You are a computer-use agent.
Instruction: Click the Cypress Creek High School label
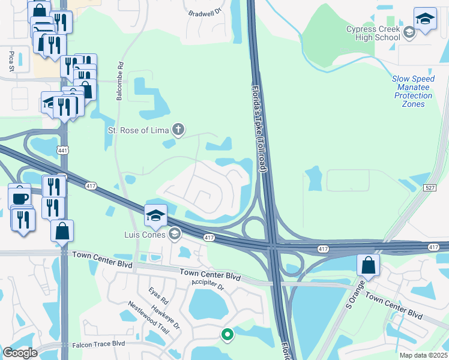(x=373, y=33)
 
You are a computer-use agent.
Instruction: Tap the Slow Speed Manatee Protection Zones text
(x=412, y=91)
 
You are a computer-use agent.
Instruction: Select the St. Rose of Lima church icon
(x=178, y=128)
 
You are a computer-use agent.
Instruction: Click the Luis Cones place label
(x=145, y=234)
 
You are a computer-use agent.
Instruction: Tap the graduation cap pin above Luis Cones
(x=155, y=215)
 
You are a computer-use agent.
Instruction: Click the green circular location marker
(x=227, y=334)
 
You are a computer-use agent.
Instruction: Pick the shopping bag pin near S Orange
(x=368, y=265)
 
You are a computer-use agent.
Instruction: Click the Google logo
(x=20, y=352)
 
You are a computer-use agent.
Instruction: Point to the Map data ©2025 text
(x=423, y=355)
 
